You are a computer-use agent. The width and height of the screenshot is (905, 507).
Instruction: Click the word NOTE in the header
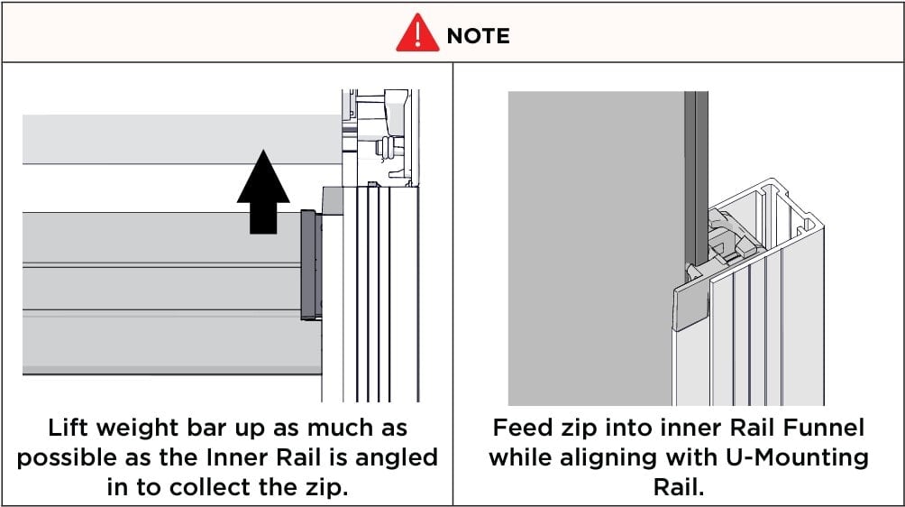tap(478, 35)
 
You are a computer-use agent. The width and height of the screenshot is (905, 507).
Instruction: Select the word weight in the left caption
tap(149, 429)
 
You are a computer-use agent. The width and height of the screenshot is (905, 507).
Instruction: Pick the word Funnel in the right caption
tap(818, 428)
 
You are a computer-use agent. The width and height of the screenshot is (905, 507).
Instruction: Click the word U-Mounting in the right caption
tap(791, 457)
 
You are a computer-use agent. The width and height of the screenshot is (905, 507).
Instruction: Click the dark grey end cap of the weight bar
tap(309, 264)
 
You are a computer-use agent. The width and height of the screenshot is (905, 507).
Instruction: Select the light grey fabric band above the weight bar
tap(171, 139)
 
